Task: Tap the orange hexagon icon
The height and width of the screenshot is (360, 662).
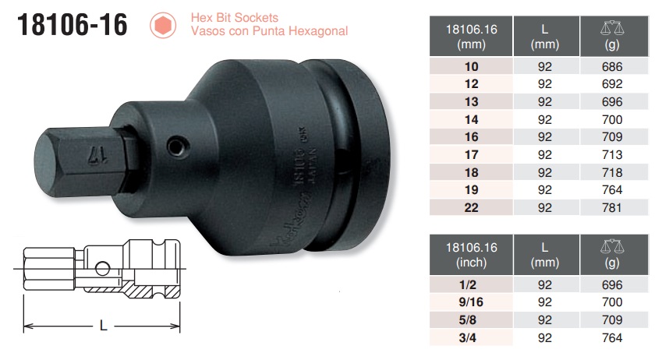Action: (x=162, y=26)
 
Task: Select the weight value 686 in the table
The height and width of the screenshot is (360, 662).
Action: (x=612, y=67)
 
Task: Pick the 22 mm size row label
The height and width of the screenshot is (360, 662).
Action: (x=471, y=206)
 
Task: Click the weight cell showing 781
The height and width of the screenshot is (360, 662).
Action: (x=612, y=206)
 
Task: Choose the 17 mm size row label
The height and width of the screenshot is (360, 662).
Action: (x=471, y=154)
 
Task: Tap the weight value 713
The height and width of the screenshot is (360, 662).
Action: (x=612, y=154)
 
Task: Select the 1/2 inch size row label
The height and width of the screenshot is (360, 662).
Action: (x=471, y=285)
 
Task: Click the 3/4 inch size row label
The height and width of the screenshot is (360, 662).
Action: (x=471, y=337)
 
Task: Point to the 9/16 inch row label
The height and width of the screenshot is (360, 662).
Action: (x=471, y=302)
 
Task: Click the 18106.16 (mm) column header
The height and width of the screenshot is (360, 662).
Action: (x=471, y=37)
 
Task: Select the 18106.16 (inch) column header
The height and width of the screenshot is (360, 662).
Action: (x=471, y=255)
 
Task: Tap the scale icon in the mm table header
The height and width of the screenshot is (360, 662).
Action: (x=612, y=28)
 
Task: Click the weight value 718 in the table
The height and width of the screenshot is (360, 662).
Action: (x=612, y=171)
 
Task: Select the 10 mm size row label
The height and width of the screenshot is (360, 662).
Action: (x=471, y=67)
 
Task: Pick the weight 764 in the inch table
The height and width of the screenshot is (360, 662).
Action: (x=612, y=337)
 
